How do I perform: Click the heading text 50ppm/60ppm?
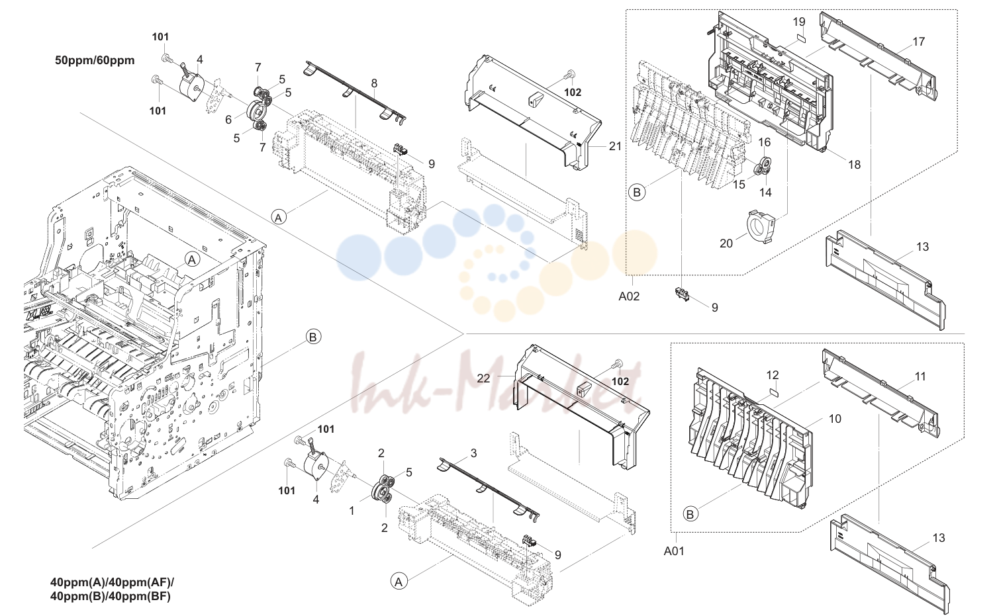coord(95,60)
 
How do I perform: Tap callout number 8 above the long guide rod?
coord(374,83)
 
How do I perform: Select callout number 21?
coord(615,146)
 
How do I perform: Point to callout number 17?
coord(919,42)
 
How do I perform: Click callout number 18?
coord(854,165)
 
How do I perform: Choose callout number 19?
coord(799,21)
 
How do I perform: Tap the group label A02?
coord(629,296)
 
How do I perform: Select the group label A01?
coord(674,551)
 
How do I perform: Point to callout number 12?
coord(772,375)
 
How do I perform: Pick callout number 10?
coord(835,419)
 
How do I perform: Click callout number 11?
coord(920,376)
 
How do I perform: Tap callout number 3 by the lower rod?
coord(473,453)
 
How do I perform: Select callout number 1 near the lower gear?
coord(352,511)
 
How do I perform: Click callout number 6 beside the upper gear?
coord(228,120)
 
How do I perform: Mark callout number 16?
coord(764,142)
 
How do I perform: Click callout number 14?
coord(765,192)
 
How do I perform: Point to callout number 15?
coord(739,184)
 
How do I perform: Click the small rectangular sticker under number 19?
coord(800,37)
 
